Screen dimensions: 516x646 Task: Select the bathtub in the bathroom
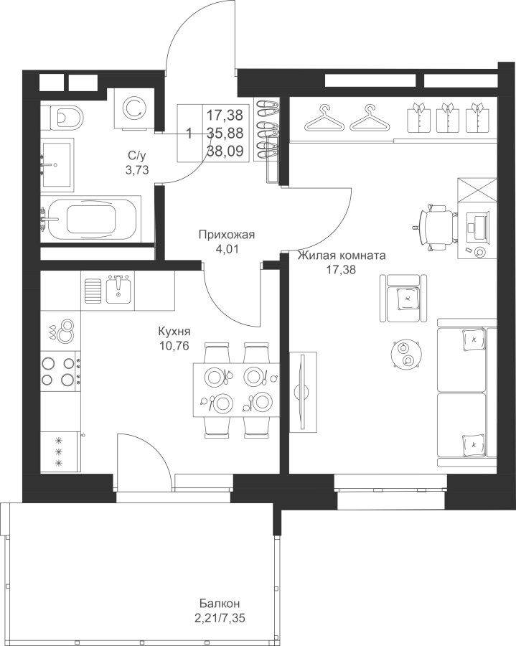coord(91,219)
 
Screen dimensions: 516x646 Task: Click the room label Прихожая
coord(227,235)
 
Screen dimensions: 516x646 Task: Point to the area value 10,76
coord(174,346)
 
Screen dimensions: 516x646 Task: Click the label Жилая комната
coord(342,256)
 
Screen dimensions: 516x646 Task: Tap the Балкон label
coord(220,604)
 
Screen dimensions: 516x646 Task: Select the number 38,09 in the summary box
coord(225,151)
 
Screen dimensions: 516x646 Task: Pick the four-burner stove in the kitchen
coord(60,371)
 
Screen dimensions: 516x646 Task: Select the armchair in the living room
coord(403,298)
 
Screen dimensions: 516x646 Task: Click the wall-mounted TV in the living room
coord(303,392)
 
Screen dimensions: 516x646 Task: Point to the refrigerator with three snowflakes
coord(60,451)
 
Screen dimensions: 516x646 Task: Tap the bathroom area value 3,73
coord(137,169)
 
